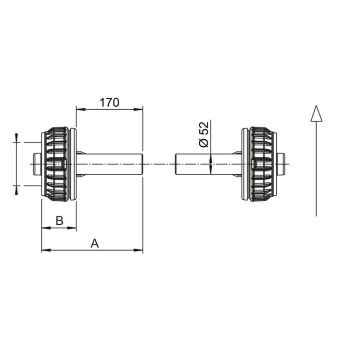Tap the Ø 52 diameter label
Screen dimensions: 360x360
203,134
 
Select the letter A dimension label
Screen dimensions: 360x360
94,242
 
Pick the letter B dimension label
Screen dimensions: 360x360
59,220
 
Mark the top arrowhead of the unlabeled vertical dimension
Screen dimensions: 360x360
17,139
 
